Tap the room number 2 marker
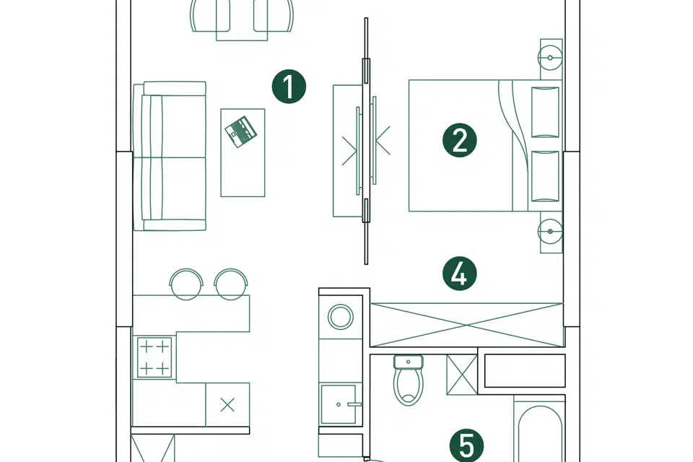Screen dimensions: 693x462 (x=460, y=140)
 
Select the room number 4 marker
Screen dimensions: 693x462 (x=460, y=274)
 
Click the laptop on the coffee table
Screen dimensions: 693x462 (x=240, y=131)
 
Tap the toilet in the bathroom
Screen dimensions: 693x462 (x=409, y=380)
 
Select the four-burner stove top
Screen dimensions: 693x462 (x=154, y=357)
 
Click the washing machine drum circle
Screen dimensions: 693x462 (x=341, y=317)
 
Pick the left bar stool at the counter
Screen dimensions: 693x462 (x=186, y=284)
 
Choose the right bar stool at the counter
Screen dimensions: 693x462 (x=231, y=284)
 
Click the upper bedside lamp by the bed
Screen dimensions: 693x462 (x=550, y=58)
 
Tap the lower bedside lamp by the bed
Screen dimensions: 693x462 (x=550, y=231)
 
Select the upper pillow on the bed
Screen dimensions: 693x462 (x=545, y=113)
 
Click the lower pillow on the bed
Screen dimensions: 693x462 (x=545, y=176)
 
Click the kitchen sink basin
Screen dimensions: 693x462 (x=339, y=404)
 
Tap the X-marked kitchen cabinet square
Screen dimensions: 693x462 (x=227, y=404)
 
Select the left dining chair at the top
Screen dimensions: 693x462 (x=210, y=16)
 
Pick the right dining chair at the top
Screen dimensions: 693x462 (x=274, y=16)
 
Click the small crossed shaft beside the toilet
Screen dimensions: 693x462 (x=462, y=375)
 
